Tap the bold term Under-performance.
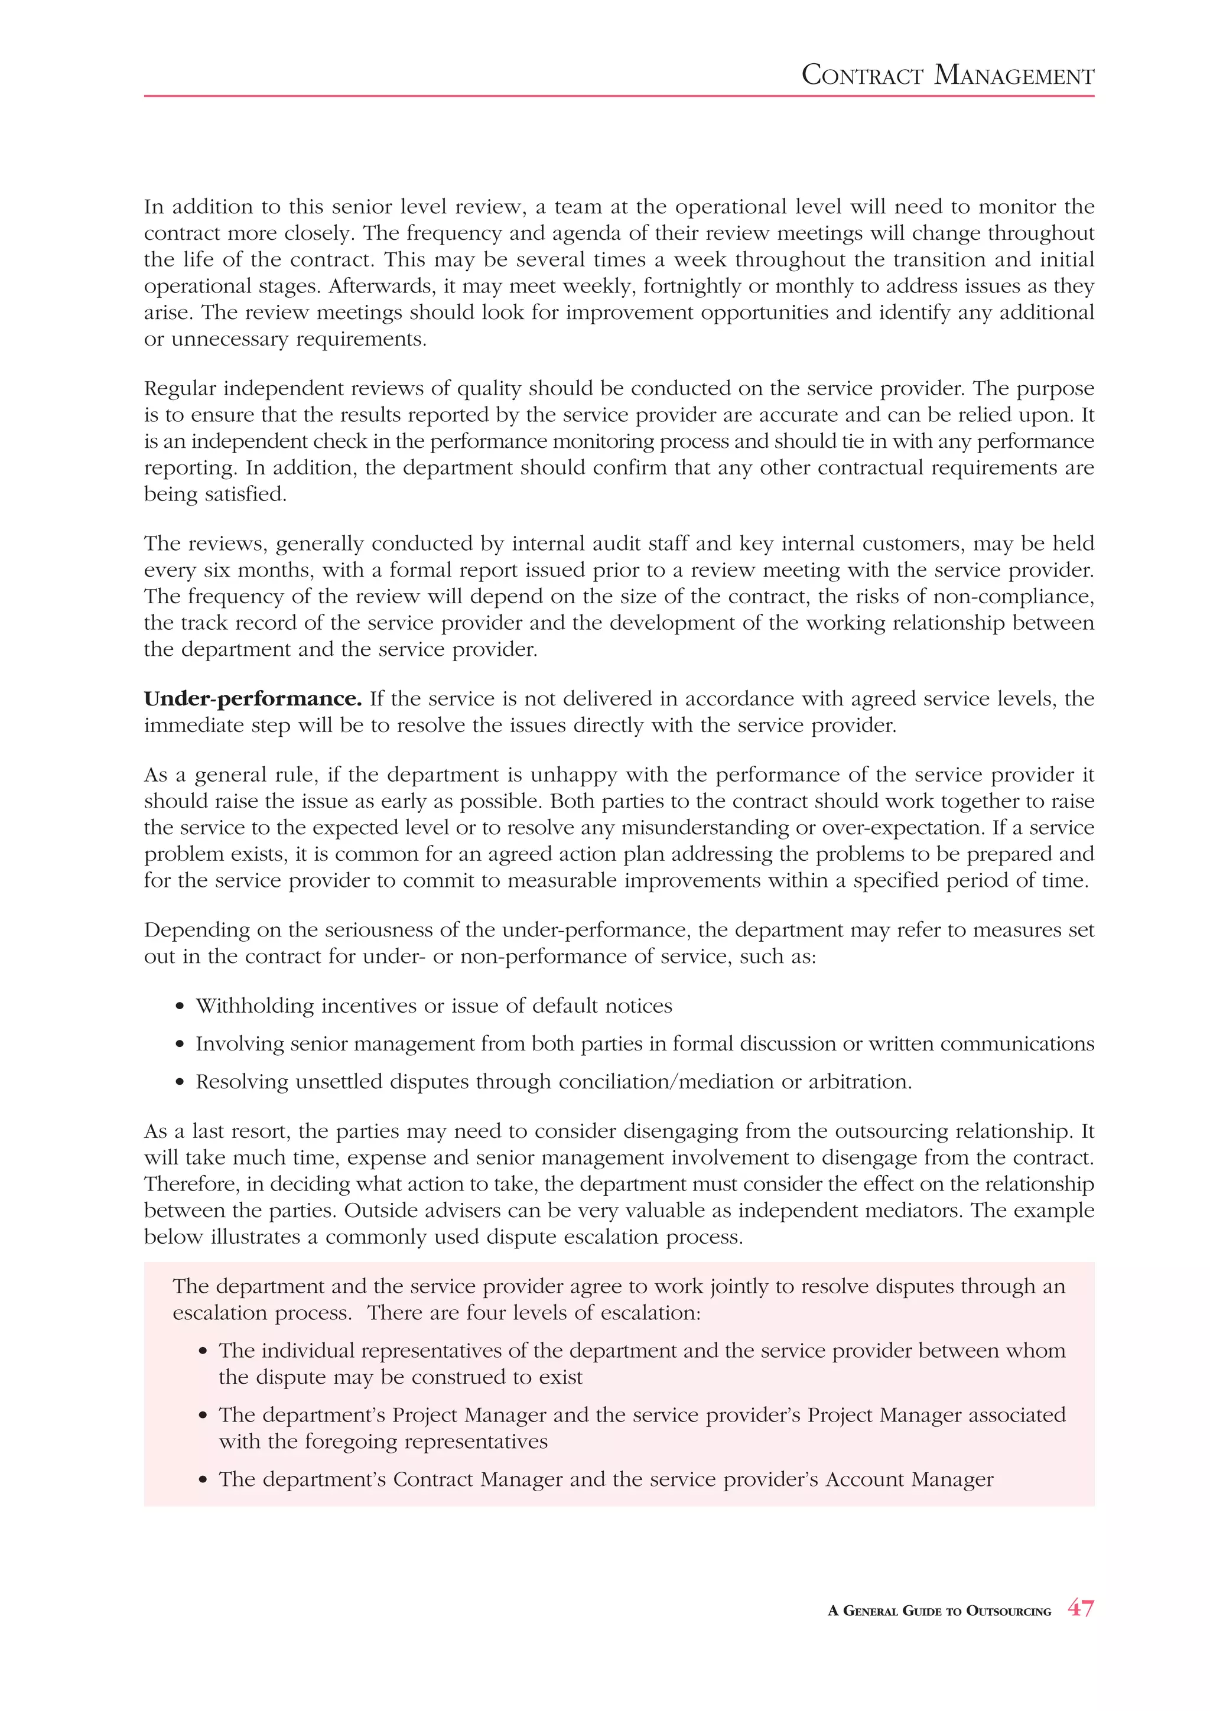(x=253, y=699)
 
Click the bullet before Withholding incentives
(x=180, y=1007)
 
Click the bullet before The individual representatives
(x=203, y=1352)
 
